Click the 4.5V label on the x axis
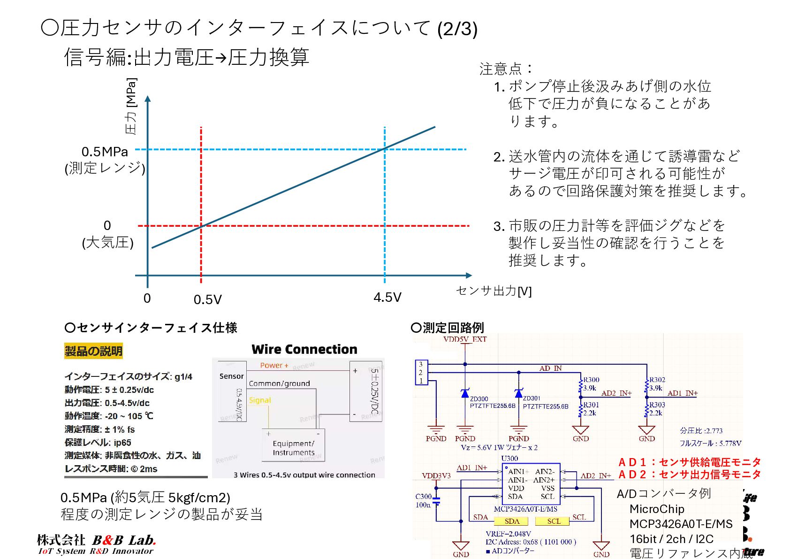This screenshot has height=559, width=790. tap(387, 298)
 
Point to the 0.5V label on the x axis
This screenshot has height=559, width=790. tap(207, 299)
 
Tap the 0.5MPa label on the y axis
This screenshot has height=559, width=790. tap(105, 152)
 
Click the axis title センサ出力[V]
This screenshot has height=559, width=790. tap(494, 291)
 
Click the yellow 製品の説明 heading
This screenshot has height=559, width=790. tap(93, 351)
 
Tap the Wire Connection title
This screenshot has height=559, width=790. tap(304, 350)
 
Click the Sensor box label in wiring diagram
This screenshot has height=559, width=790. tap(232, 376)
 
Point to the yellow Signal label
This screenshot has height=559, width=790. tap(260, 400)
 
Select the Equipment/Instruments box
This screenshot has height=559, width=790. tap(294, 447)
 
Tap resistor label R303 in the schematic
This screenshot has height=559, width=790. tap(657, 405)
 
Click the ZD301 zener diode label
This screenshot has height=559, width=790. tap(532, 398)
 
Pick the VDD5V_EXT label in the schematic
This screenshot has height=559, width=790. tap(464, 339)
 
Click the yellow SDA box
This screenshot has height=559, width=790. tap(511, 521)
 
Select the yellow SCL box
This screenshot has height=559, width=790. tap(554, 521)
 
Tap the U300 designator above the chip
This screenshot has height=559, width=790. tap(509, 459)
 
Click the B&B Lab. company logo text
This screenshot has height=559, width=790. tap(124, 541)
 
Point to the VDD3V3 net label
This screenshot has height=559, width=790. tap(436, 476)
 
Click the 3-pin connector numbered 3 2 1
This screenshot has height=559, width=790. tap(421, 373)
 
